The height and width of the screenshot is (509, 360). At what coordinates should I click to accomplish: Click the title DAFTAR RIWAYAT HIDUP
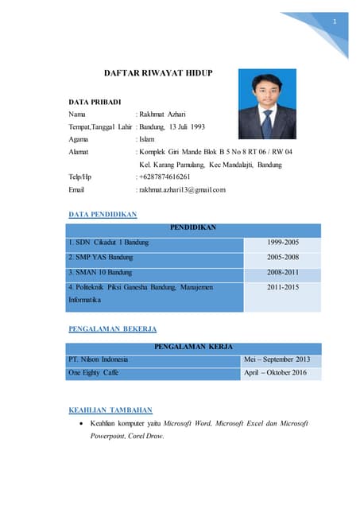pyautogui.click(x=158, y=73)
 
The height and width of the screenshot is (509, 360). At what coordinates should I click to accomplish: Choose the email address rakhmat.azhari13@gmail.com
pyautogui.click(x=181, y=189)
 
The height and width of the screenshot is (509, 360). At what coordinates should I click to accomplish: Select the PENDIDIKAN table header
pyautogui.click(x=193, y=227)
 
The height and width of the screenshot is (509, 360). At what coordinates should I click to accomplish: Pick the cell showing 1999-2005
pyautogui.click(x=283, y=242)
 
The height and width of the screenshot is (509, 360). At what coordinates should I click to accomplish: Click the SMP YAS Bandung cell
pyautogui.click(x=101, y=257)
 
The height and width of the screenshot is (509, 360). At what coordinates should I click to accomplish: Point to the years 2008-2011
pyautogui.click(x=283, y=272)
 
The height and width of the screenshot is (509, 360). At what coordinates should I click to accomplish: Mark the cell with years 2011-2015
pyautogui.click(x=283, y=286)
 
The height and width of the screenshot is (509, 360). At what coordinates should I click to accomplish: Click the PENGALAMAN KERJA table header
pyautogui.click(x=193, y=348)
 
